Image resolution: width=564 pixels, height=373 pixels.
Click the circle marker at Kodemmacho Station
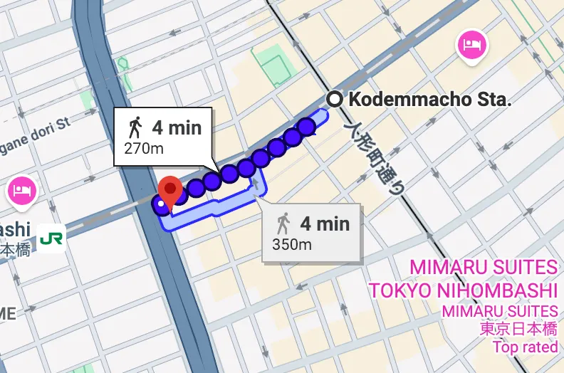333,99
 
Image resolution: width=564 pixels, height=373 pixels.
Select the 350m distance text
292,244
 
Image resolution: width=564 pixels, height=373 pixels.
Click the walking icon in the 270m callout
135,128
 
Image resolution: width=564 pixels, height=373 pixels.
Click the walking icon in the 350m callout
283,224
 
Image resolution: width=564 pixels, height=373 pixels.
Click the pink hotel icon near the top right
471,45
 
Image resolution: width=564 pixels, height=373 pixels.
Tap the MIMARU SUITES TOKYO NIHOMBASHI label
463,279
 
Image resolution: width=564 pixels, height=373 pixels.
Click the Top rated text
526,347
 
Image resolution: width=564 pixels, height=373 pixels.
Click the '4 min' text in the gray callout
325,224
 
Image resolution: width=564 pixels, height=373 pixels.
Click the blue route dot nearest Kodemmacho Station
307,127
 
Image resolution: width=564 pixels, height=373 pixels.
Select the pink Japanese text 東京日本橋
519,329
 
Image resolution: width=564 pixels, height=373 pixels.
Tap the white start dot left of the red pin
160,204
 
